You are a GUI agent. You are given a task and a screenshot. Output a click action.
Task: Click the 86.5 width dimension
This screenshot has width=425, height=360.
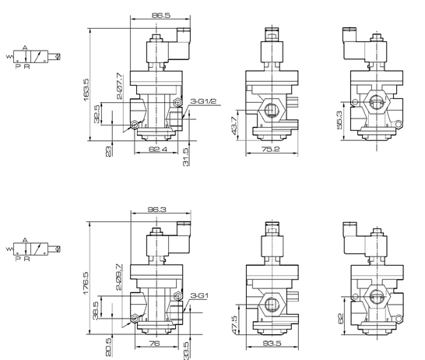161,15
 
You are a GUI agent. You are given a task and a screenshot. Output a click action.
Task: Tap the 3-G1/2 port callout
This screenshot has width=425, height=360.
202,102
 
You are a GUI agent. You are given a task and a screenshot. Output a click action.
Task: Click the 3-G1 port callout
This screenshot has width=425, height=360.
200,295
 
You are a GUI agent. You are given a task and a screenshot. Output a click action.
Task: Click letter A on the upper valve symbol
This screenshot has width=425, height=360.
26,47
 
